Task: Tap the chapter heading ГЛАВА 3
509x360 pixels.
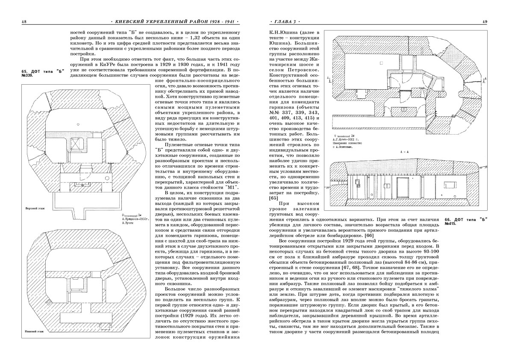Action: point(283,21)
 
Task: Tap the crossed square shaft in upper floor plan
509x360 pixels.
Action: point(76,145)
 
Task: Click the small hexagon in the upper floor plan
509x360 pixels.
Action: point(78,123)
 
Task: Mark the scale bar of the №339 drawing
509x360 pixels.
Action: point(130,215)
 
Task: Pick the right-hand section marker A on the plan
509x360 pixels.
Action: point(485,80)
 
